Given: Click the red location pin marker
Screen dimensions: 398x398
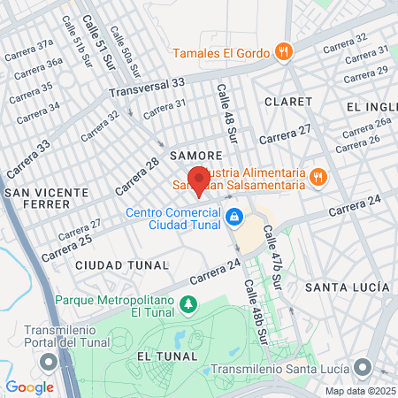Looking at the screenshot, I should point(198,179).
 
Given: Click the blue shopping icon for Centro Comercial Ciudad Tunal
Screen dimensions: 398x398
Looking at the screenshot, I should point(234,216).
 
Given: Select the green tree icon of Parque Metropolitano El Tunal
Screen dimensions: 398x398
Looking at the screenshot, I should point(188,305).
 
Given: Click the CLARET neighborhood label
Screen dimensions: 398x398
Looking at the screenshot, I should point(287,102).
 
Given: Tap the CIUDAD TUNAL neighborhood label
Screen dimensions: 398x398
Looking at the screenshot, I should point(122,264).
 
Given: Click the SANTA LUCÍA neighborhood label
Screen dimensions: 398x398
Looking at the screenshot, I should point(347,287).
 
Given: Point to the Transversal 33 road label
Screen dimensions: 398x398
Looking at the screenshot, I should point(147,87).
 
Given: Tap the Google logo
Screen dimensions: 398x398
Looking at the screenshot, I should point(29,387).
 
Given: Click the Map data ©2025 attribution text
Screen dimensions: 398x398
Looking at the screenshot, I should point(359,391).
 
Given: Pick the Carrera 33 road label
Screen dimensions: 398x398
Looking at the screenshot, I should point(27,156).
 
